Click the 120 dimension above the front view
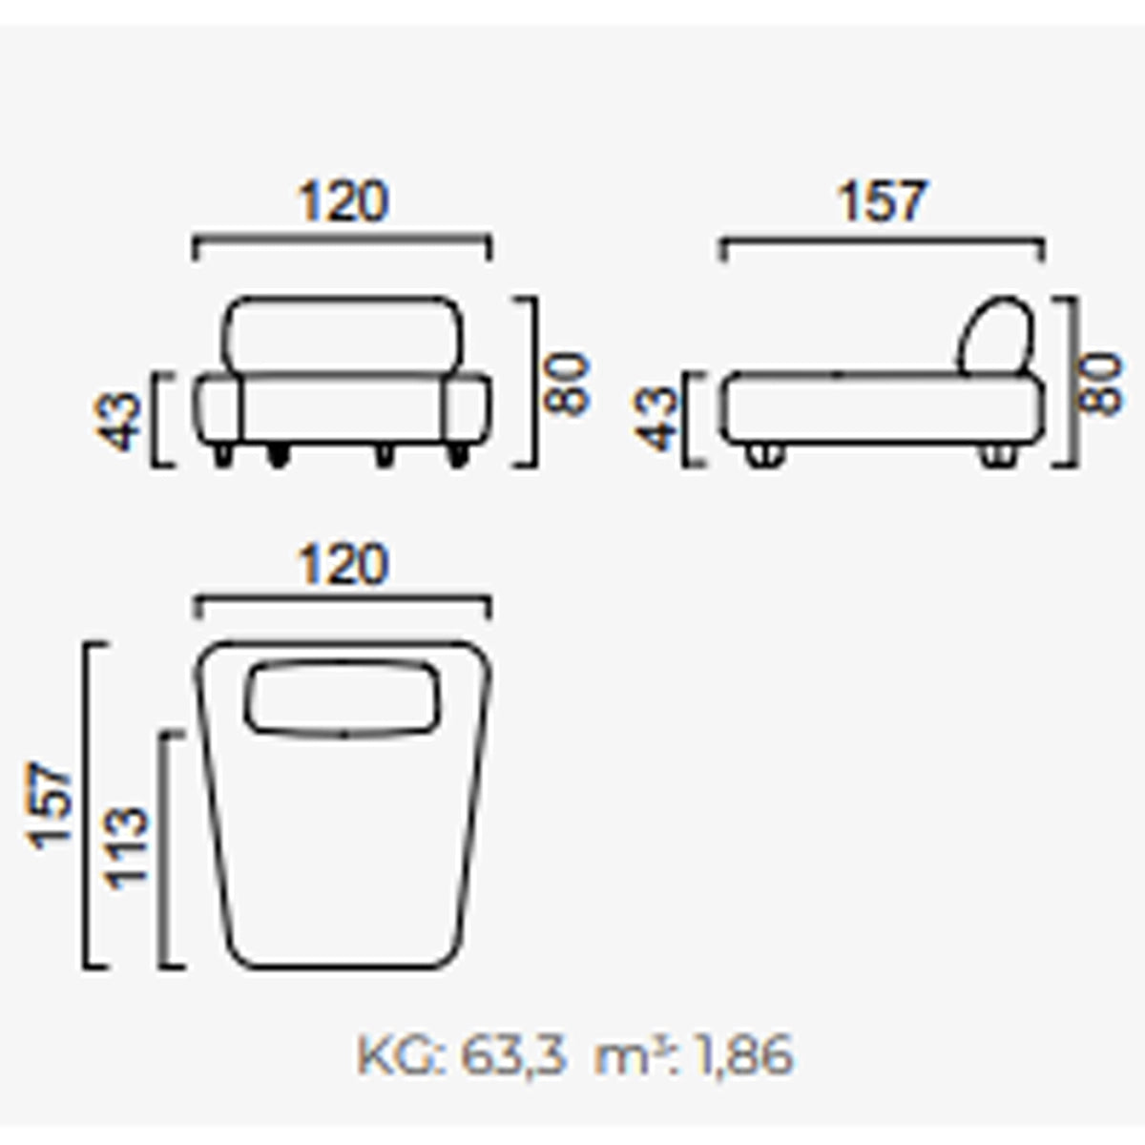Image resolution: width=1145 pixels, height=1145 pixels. [343, 202]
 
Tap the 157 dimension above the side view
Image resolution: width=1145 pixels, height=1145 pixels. [882, 202]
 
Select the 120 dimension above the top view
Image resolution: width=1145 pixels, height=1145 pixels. [343, 564]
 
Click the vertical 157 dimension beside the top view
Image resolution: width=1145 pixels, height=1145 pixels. [50, 806]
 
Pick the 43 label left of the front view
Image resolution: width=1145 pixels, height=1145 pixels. [117, 421]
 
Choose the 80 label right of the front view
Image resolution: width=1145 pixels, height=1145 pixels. [567, 384]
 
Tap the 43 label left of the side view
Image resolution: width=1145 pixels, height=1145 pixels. [656, 421]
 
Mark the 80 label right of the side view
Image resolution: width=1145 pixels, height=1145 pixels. [1101, 384]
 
